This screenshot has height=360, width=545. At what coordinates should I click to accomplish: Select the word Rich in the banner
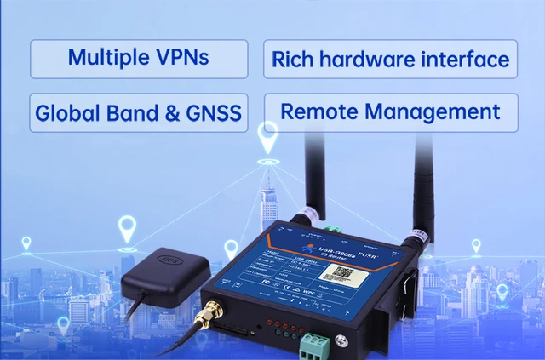(x=293, y=60)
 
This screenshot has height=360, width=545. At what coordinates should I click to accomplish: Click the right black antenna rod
(x=421, y=179)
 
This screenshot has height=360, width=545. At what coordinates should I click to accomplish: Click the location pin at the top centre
(x=268, y=139)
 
